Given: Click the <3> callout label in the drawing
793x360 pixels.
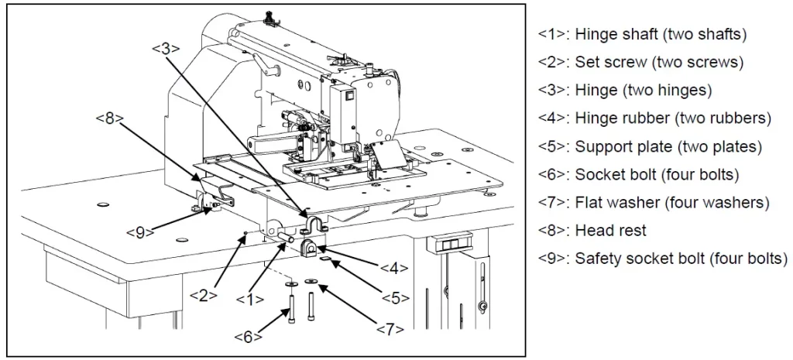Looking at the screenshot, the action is pyautogui.click(x=166, y=48).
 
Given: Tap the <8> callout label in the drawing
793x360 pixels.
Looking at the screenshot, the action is pyautogui.click(x=110, y=118).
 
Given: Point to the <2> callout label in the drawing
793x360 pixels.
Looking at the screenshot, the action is pyautogui.click(x=204, y=295).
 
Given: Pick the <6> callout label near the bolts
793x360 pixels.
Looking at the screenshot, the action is pyautogui.click(x=248, y=336).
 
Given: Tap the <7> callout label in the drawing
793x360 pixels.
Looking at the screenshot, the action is pyautogui.click(x=390, y=329).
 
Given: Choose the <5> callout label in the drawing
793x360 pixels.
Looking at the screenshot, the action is pyautogui.click(x=396, y=298).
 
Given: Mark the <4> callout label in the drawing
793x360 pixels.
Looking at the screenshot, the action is pyautogui.click(x=394, y=267).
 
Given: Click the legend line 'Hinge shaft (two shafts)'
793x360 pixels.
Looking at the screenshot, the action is pyautogui.click(x=642, y=34).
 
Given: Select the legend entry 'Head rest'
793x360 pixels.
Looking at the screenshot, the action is pyautogui.click(x=592, y=231).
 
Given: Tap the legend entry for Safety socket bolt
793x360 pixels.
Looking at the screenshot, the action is pyautogui.click(x=663, y=259).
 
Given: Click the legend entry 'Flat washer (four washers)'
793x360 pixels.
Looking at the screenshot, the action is pyautogui.click(x=654, y=203).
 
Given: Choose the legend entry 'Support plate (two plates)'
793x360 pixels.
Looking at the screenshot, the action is pyautogui.click(x=650, y=146).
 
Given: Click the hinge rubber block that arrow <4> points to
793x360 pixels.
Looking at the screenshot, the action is pyautogui.click(x=310, y=249).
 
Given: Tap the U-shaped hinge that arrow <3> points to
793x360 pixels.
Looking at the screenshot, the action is pyautogui.click(x=314, y=225).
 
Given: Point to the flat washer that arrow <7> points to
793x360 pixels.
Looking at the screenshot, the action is pyautogui.click(x=310, y=280).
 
